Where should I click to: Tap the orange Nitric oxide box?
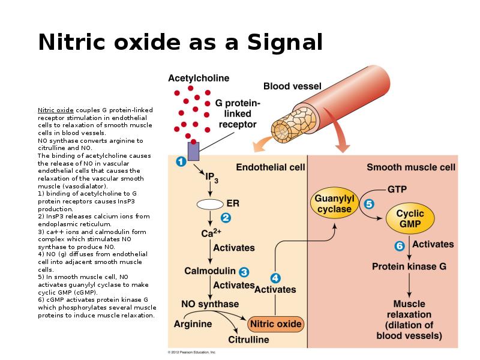click(x=275, y=324)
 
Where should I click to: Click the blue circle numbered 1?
click(x=179, y=161)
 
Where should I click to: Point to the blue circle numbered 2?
click(x=226, y=217)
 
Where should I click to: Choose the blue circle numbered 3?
click(x=244, y=271)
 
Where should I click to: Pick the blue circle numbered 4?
click(x=275, y=278)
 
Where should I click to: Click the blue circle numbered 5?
click(x=369, y=204)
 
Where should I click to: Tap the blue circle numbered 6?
click(x=400, y=245)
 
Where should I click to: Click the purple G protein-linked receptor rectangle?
click(x=193, y=151)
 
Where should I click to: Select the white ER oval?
click(x=210, y=204)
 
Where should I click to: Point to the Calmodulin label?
click(x=209, y=271)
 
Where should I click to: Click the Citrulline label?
click(x=248, y=340)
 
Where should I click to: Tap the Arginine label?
click(x=193, y=324)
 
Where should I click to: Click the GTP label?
click(x=397, y=189)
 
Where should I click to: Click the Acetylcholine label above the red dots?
click(x=199, y=78)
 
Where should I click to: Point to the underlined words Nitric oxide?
click(x=56, y=110)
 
